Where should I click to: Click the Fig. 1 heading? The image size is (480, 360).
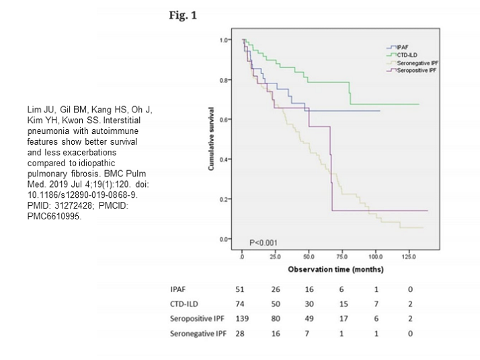point(182,15)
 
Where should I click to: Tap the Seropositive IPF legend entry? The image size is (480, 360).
point(413,70)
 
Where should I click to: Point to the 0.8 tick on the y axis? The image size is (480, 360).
point(231,80)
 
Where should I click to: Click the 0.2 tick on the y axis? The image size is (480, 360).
point(231,200)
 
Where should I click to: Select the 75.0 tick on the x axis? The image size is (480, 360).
point(342,257)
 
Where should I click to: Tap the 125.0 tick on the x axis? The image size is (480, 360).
point(408,257)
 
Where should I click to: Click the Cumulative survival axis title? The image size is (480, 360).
point(212,139)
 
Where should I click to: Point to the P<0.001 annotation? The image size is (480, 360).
point(263,242)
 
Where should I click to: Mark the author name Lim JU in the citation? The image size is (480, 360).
point(35,109)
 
